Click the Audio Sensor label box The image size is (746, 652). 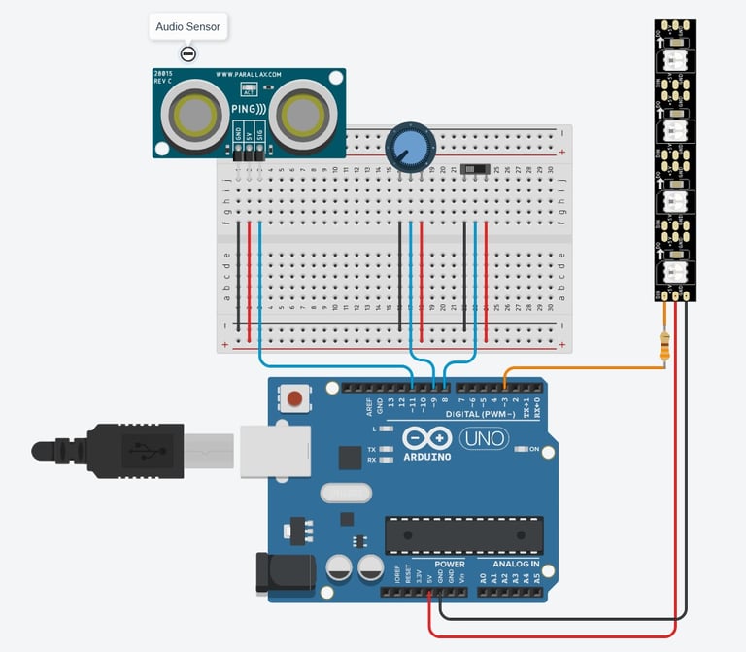187,27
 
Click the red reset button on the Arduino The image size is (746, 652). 293,397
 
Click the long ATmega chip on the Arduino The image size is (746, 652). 463,534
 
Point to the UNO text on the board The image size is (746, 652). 483,438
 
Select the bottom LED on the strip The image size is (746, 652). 675,274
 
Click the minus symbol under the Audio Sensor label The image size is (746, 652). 188,53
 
